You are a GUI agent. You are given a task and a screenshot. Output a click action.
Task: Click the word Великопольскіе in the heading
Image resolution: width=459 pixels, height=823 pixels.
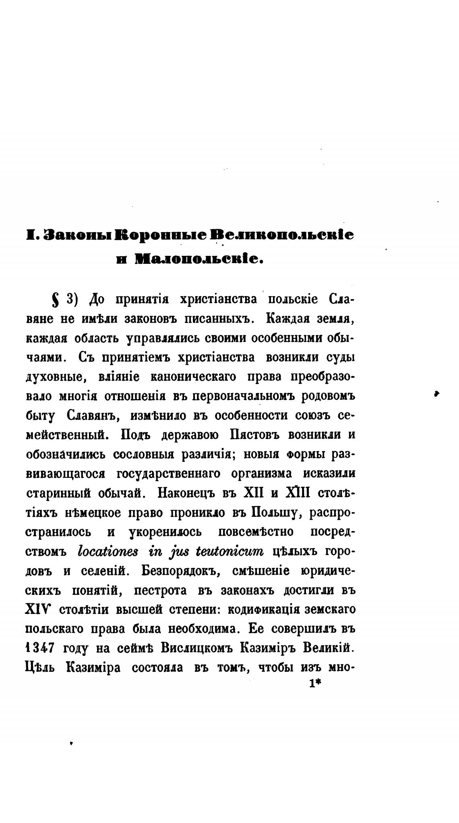(x=282, y=235)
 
